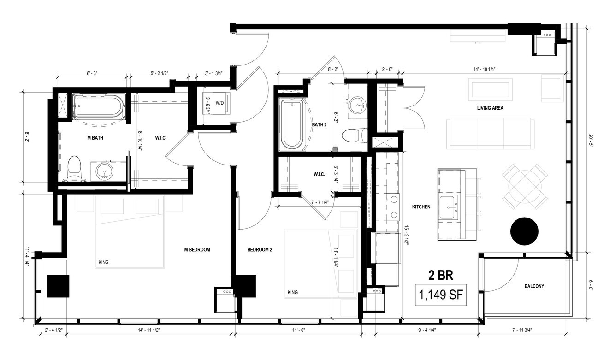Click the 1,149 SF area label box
click(440, 295)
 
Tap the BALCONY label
click(534, 286)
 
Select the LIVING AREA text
click(490, 108)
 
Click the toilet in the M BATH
click(74, 168)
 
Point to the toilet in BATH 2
click(355, 136)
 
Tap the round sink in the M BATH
click(104, 171)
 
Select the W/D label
click(219, 103)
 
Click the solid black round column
click(524, 231)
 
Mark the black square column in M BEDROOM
click(58, 286)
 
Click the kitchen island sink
click(449, 207)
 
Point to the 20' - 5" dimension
click(590, 141)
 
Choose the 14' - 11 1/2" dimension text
click(149, 330)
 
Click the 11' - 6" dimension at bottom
click(299, 330)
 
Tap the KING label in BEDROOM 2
click(293, 292)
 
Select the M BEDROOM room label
click(197, 250)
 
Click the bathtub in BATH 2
click(292, 124)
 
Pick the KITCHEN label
click(421, 207)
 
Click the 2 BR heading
click(440, 275)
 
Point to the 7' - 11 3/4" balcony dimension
click(521, 330)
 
